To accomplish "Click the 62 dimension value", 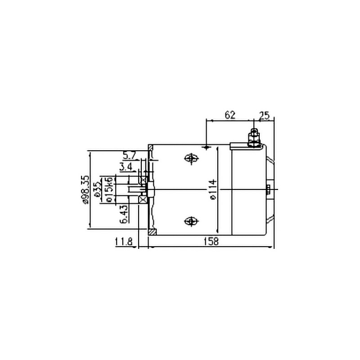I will (229, 115).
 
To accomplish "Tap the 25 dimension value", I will (264, 115).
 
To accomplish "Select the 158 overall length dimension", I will (211, 241).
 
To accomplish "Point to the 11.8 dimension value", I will (123, 242).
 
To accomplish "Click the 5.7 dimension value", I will (130, 156).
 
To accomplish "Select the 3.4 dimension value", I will (126, 167).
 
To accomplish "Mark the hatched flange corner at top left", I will (151, 148).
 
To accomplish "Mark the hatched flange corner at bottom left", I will (152, 232).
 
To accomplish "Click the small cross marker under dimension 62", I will (206, 147).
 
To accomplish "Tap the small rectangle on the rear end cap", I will (268, 189).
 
